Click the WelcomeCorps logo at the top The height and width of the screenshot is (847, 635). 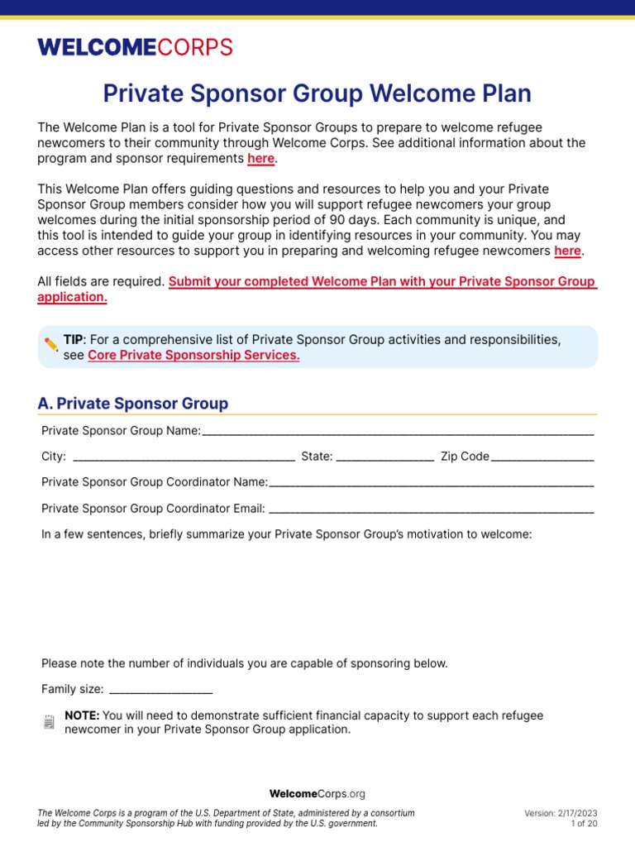point(135,47)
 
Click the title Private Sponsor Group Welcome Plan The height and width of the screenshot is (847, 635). point(317,93)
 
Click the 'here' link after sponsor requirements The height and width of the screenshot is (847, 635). point(260,159)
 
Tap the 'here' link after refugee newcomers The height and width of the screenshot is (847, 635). point(567,251)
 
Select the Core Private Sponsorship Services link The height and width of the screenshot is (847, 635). point(193,355)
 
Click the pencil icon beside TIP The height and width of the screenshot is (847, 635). point(51,343)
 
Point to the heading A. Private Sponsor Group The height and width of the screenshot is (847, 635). point(133,404)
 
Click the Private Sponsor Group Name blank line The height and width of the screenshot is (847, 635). point(397,431)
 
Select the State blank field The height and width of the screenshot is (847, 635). point(384,456)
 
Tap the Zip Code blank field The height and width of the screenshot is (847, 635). point(542,456)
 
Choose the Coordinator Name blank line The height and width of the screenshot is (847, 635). point(431,482)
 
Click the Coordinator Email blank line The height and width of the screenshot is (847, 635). point(431,509)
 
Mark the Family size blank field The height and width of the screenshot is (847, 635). point(160,689)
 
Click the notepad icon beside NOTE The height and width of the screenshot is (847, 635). point(49,722)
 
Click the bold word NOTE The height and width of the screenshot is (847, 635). point(82,715)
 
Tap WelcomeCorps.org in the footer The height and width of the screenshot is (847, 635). point(317,793)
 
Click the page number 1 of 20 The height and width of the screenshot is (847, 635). point(584,824)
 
